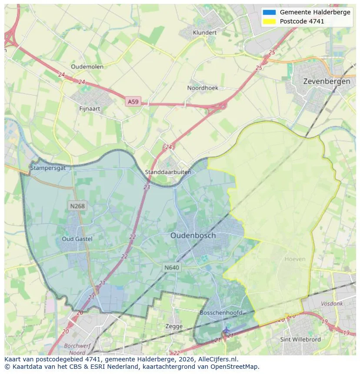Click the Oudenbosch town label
click(x=193, y=235)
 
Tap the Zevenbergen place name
click(x=327, y=81)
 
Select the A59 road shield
click(x=133, y=102)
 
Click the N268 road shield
click(x=77, y=206)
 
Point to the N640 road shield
click(x=172, y=268)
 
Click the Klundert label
click(x=204, y=33)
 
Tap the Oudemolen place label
click(x=87, y=66)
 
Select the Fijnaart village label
click(x=90, y=108)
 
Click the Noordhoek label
click(x=203, y=88)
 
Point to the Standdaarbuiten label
click(x=168, y=172)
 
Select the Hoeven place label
click(x=295, y=259)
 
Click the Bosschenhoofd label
click(x=221, y=313)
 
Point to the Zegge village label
click(x=174, y=326)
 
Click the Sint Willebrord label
click(x=300, y=339)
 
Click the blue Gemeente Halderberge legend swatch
click(x=269, y=12)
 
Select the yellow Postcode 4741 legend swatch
click(x=269, y=21)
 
